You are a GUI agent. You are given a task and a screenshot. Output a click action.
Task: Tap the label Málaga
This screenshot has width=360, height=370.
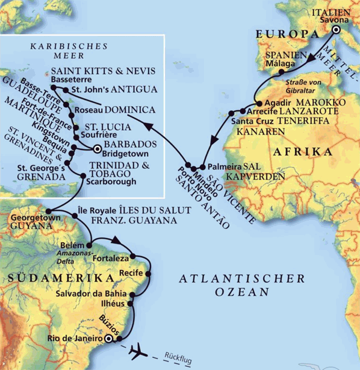coord(281,63)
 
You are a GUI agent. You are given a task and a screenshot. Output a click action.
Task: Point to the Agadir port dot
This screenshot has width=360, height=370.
coord(258,102)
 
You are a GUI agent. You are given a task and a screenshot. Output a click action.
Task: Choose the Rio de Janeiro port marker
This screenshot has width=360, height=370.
coord(108,340)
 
